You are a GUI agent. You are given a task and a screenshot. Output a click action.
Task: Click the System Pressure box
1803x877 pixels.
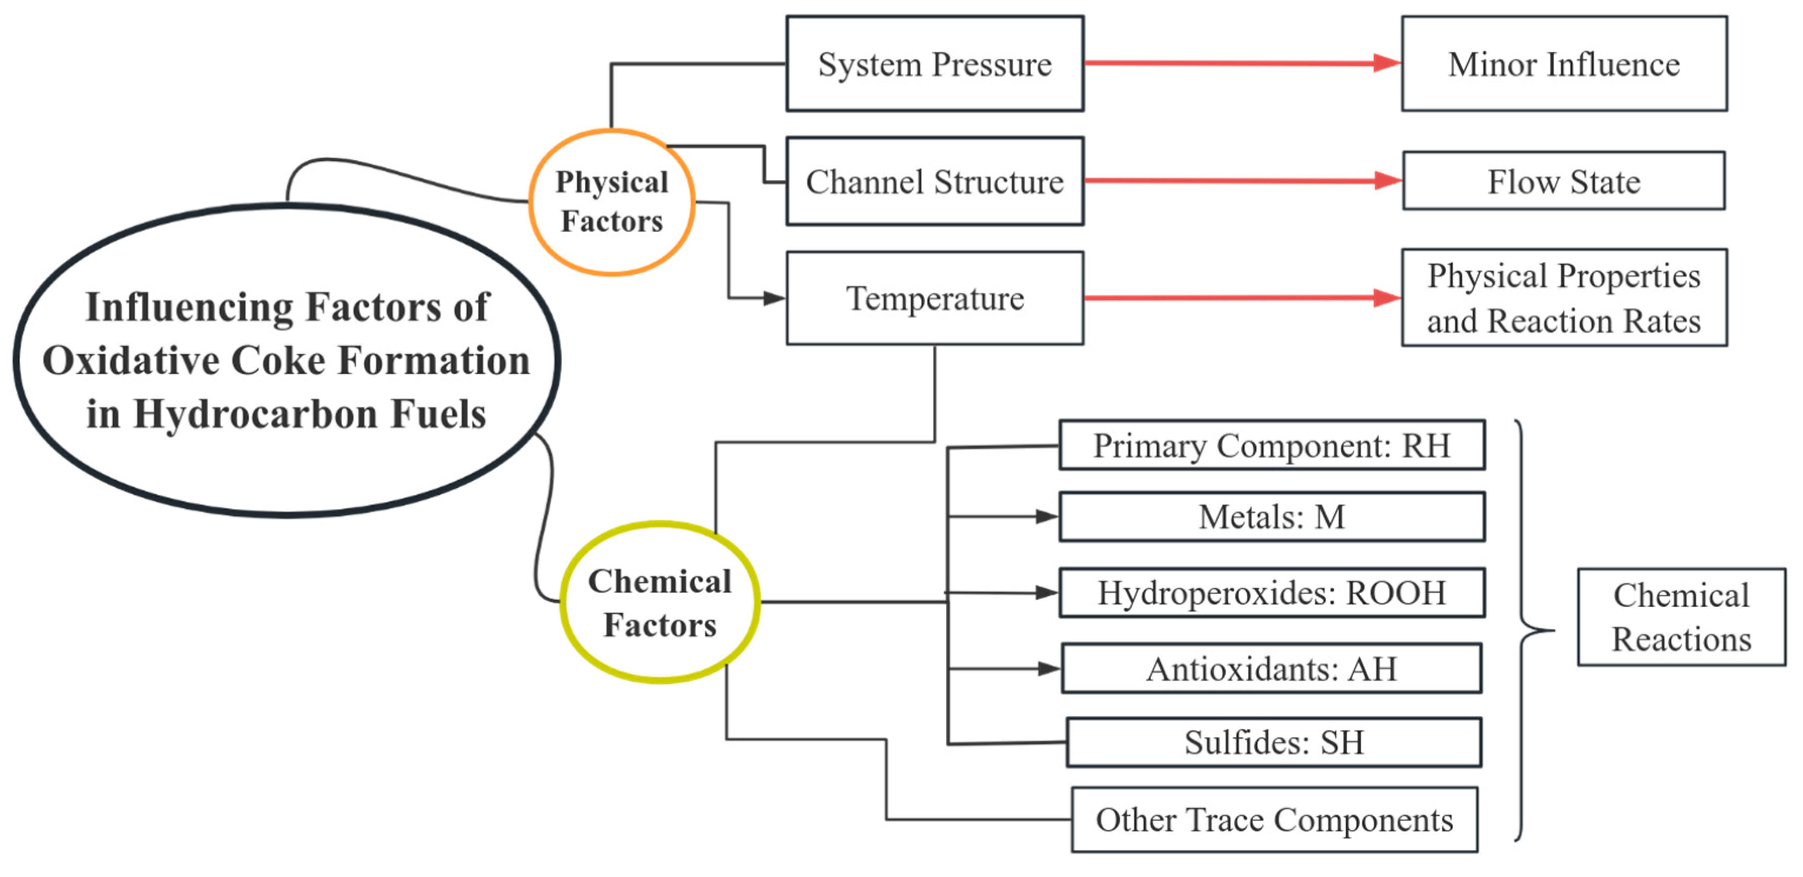(935, 64)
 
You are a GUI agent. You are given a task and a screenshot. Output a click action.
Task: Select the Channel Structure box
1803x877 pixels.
(935, 181)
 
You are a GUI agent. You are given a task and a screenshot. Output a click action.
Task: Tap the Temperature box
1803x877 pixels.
(935, 298)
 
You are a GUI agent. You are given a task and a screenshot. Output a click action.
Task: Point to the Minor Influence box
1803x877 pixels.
(1564, 64)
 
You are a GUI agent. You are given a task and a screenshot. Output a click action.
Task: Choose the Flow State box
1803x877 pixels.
(1564, 181)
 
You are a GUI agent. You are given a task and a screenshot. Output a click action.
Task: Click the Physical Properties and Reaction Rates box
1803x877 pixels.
(1564, 298)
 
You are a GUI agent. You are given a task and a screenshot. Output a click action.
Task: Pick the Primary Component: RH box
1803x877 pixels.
(1272, 445)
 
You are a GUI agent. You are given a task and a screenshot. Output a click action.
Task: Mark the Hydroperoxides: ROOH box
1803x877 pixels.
(1272, 593)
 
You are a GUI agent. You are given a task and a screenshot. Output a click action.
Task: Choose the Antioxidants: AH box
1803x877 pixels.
(1272, 668)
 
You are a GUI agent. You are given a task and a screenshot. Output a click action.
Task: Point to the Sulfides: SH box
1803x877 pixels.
(1274, 743)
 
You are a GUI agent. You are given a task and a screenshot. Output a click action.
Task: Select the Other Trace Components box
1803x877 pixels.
(1274, 820)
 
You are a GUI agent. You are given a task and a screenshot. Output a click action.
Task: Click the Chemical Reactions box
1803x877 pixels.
(1681, 617)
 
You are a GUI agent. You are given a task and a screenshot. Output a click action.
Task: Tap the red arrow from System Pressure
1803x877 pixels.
(1243, 64)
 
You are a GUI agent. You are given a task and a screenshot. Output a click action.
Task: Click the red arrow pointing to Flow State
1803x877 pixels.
(1244, 181)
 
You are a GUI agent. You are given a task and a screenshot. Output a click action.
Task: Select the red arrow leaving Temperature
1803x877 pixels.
(1243, 298)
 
